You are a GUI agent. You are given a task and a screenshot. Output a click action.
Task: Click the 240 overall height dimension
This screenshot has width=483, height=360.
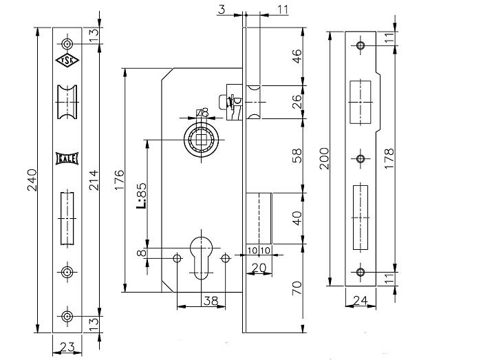[x=32, y=180]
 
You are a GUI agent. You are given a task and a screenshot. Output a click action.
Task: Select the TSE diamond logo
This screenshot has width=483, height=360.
[x=67, y=61]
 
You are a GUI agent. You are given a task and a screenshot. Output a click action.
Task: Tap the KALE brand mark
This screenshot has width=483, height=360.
[x=67, y=158]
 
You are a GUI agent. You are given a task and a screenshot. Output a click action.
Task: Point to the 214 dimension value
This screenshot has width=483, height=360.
[x=94, y=180]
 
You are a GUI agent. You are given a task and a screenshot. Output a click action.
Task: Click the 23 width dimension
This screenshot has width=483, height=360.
[x=67, y=348]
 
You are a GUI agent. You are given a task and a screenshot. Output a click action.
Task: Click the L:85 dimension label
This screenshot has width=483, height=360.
[x=141, y=196]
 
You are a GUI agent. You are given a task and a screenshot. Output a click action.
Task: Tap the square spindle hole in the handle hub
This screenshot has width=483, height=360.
[x=202, y=140]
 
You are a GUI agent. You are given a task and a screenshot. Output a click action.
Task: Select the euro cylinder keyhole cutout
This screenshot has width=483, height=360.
[x=202, y=258]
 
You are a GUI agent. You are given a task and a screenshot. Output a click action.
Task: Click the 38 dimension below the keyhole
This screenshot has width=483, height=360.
[x=211, y=301]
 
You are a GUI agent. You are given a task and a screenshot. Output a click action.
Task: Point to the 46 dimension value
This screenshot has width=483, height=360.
[x=297, y=56]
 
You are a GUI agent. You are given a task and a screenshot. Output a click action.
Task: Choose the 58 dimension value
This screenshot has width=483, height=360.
[x=297, y=156]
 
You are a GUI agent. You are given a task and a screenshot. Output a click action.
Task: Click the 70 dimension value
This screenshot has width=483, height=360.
[x=297, y=288]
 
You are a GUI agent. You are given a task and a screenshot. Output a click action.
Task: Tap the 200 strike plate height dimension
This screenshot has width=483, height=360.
[x=324, y=158]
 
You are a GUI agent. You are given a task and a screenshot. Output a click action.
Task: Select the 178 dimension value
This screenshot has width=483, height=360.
[x=389, y=158]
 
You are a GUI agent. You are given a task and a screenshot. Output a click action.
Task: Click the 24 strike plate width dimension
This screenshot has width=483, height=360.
[x=361, y=300]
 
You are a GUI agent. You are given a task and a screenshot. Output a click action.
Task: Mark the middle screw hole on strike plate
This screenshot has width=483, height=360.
[x=361, y=159]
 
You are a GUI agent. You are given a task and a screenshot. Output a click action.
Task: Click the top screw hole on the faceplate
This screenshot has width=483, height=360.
[x=67, y=44]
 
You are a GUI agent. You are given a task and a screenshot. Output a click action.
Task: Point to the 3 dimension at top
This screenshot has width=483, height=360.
[x=222, y=10]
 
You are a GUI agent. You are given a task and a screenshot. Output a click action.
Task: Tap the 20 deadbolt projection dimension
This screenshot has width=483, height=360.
[x=259, y=268]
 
